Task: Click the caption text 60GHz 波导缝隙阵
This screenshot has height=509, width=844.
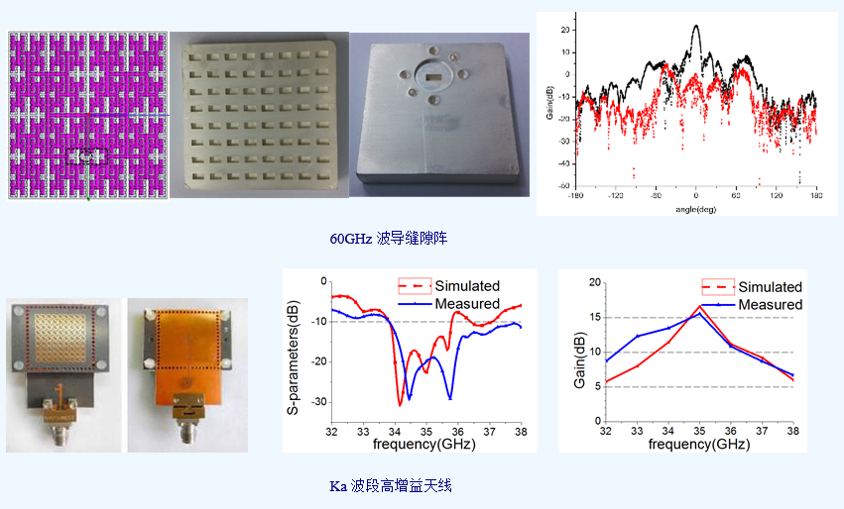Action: (394, 239)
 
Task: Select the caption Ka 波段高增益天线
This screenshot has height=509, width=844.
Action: (393, 486)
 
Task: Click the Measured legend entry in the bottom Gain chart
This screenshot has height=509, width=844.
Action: (770, 304)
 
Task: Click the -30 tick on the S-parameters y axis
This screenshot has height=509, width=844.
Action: (317, 402)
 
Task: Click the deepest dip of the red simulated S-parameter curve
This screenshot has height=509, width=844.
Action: (400, 405)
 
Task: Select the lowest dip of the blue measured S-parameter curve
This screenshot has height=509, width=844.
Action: (450, 399)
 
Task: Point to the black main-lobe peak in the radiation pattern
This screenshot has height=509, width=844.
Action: (696, 26)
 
